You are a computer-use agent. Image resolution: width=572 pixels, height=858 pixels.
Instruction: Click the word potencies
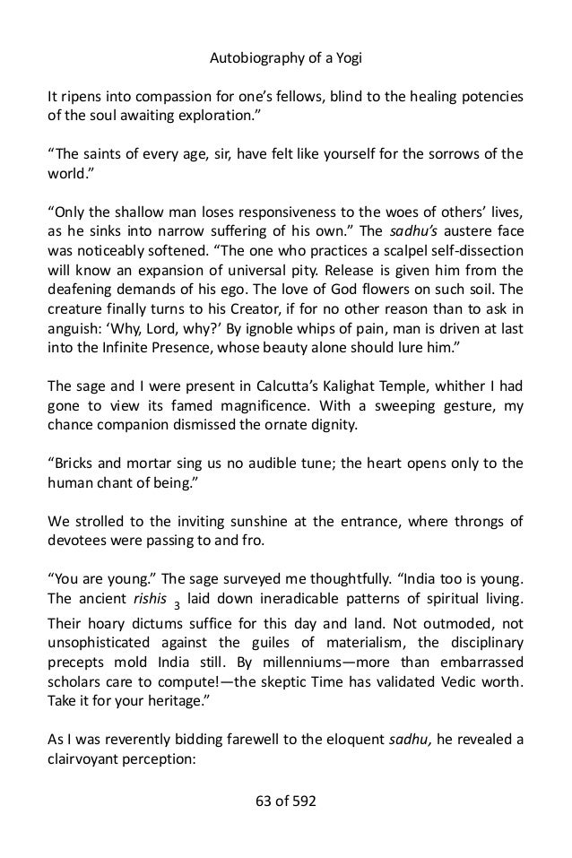point(488,96)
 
